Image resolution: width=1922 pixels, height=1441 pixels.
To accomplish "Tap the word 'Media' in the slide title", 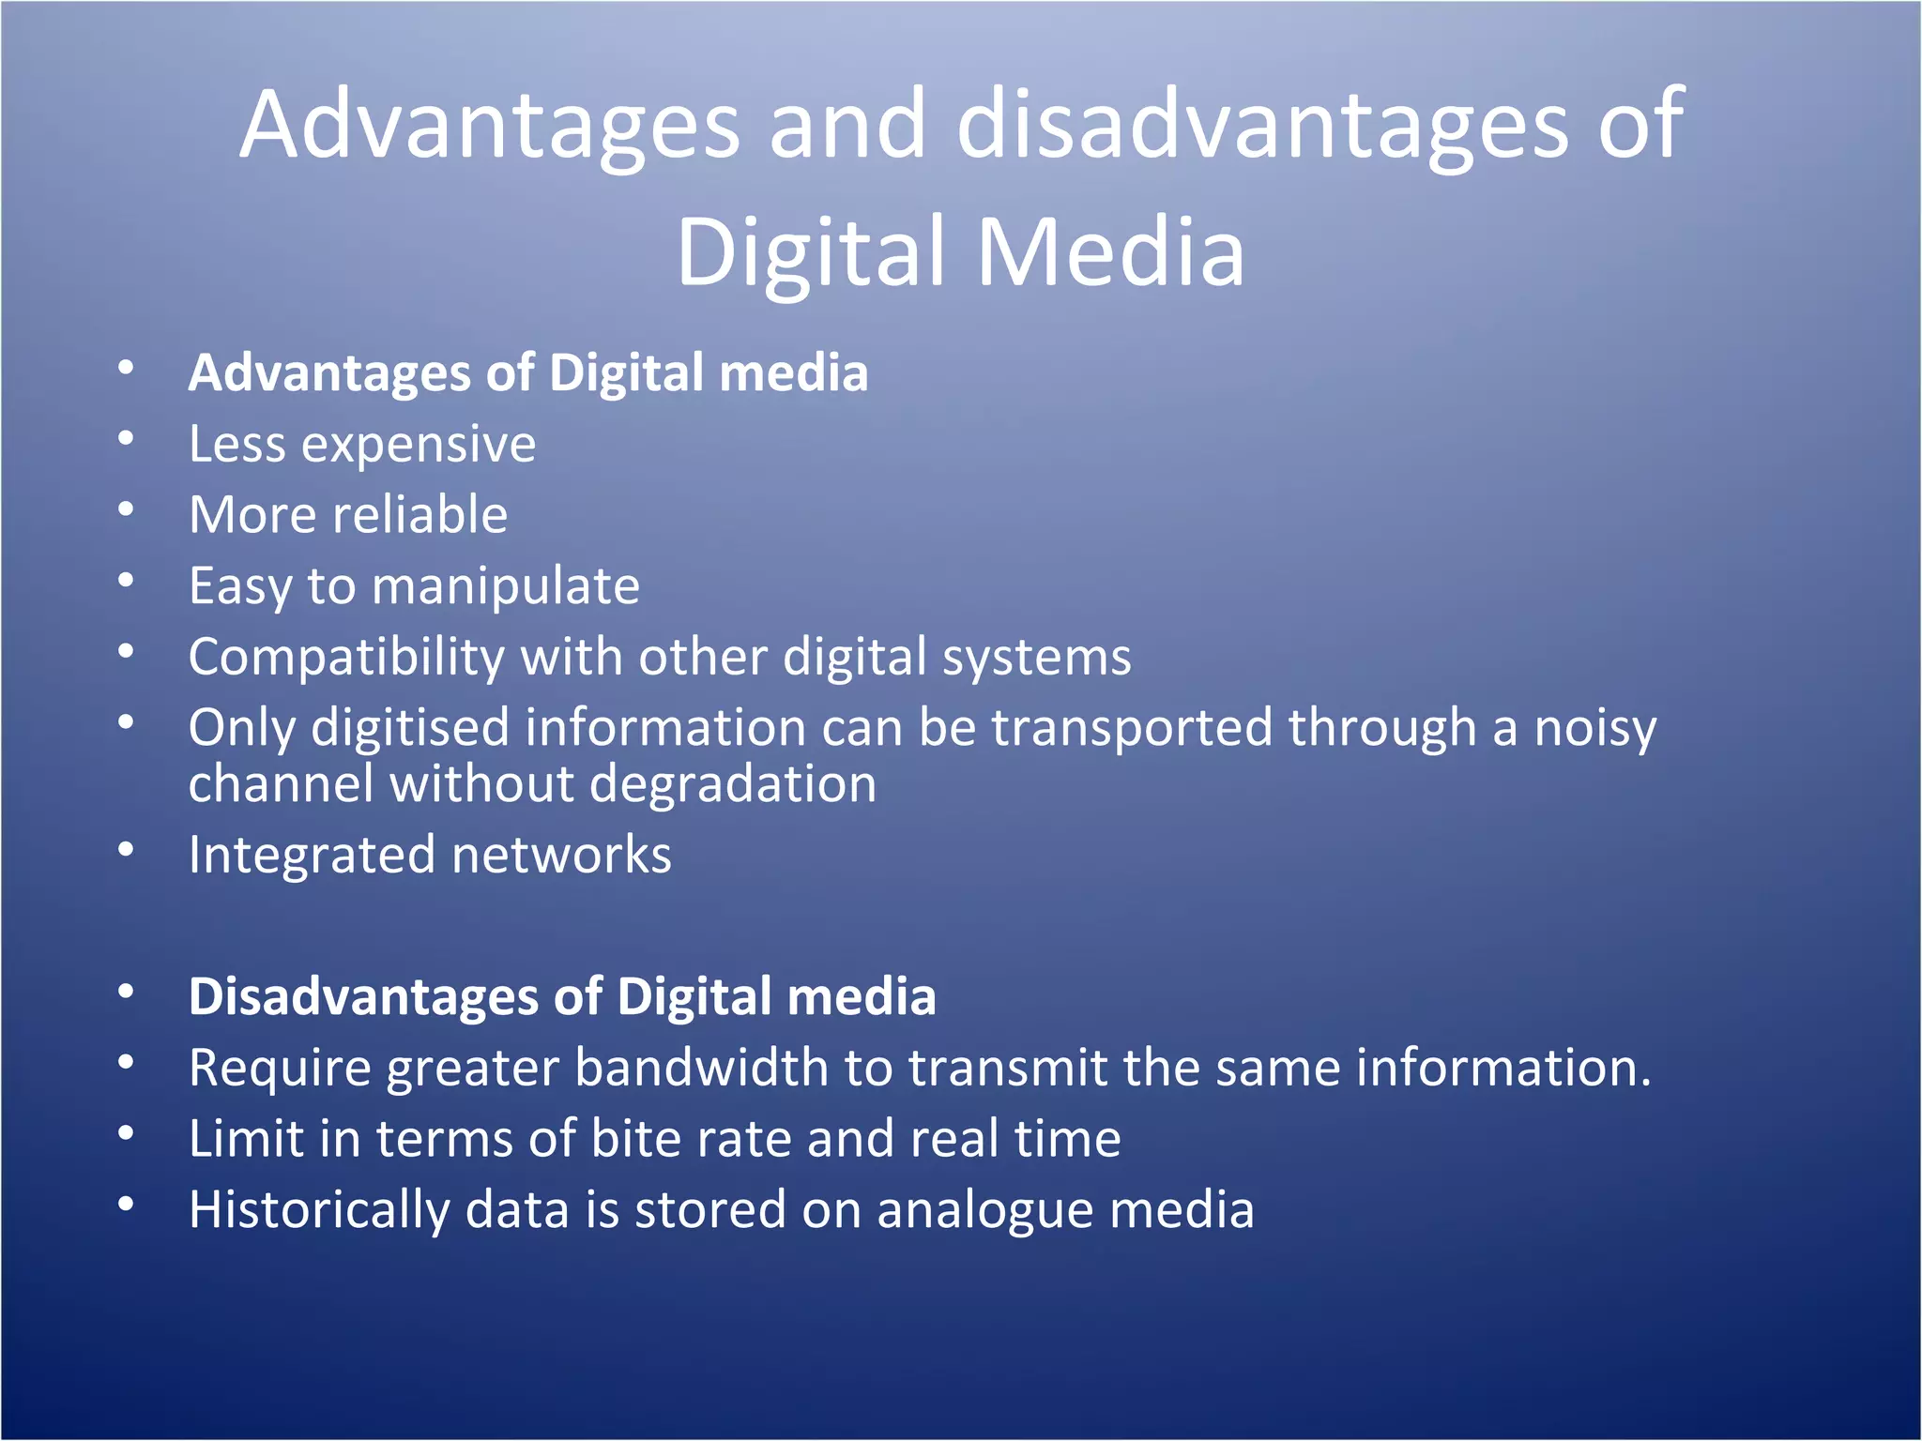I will pyautogui.click(x=1110, y=251).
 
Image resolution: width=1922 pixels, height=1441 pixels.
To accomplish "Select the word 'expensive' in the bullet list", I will pyautogui.click(x=418, y=444).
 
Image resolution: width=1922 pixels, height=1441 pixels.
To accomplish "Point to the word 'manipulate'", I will pyautogui.click(x=506, y=587).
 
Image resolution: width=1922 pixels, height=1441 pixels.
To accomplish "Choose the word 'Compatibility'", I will pyautogui.click(x=346, y=657).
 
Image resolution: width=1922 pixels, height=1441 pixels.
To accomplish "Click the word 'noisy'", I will pyautogui.click(x=1595, y=729).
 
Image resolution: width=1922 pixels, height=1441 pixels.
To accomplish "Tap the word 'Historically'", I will pyautogui.click(x=319, y=1210).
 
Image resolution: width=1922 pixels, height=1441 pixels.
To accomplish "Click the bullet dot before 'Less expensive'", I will pyautogui.click(x=126, y=439).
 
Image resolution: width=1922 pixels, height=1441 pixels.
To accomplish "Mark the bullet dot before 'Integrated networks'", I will pyautogui.click(x=126, y=850).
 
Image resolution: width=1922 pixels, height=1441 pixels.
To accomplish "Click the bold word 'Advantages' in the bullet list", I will pyautogui.click(x=329, y=373).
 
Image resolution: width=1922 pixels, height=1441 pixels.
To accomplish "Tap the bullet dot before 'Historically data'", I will pyautogui.click(x=126, y=1205).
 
